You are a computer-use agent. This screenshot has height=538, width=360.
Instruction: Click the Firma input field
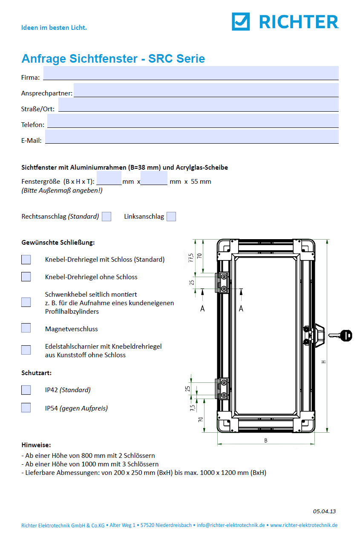191,73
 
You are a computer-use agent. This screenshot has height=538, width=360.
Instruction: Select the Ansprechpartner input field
206,90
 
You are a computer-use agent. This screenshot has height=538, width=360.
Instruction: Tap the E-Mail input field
192,137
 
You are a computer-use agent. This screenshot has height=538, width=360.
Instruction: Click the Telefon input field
193,121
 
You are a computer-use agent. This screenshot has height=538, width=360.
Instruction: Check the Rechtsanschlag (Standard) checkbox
107,217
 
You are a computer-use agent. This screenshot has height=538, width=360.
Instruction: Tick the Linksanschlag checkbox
171,217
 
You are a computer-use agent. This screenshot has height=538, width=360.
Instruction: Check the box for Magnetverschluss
26,328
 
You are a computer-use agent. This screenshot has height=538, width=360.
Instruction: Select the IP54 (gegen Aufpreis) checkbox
26,408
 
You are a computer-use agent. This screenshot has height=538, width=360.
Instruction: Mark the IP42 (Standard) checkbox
26,390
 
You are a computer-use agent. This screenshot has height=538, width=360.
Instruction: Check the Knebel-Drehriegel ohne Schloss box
26,276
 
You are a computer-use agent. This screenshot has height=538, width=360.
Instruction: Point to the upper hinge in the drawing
222,283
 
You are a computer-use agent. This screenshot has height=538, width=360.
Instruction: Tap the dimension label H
324,362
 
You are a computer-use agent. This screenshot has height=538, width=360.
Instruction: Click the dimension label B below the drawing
266,441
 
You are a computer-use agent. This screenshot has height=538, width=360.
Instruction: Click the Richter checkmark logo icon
241,21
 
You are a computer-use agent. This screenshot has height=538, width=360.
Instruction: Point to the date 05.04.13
324,511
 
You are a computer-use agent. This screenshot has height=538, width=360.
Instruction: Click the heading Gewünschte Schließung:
58,242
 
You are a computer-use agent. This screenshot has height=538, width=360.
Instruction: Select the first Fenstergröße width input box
109,178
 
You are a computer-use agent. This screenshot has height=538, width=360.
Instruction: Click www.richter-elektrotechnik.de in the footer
304,525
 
